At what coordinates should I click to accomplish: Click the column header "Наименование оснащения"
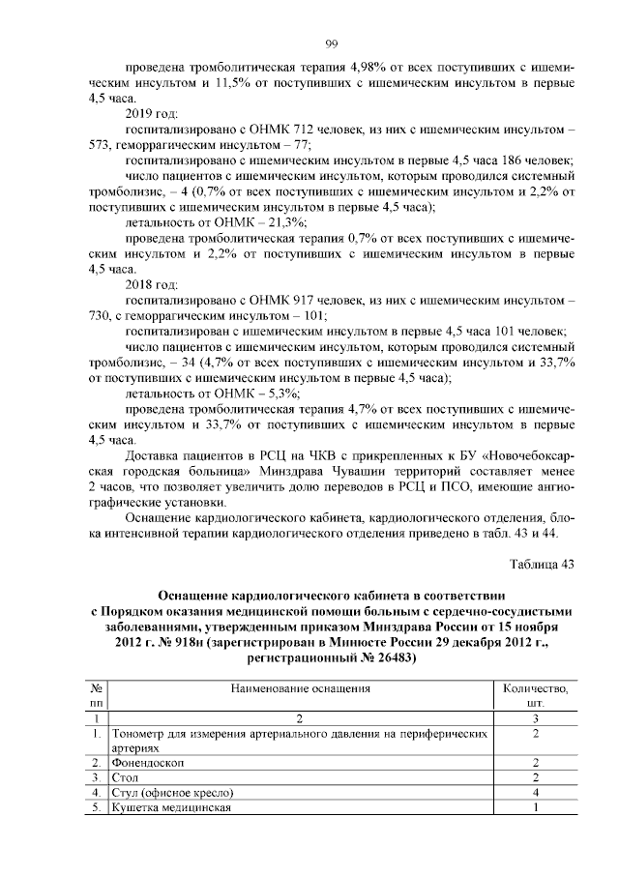point(300,688)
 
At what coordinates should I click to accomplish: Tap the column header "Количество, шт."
point(536,696)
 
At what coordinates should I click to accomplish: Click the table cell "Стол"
point(125,778)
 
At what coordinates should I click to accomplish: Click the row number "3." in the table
point(98,778)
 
